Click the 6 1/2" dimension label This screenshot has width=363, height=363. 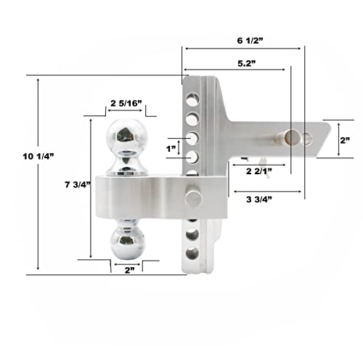(x=250, y=41)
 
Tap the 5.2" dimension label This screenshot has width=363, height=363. (x=247, y=63)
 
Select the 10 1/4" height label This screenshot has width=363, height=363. (x=38, y=156)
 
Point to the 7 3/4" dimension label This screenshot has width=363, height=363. (x=78, y=185)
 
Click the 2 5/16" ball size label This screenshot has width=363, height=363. (x=126, y=103)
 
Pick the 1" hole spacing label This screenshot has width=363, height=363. (x=171, y=149)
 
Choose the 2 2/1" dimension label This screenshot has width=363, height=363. (x=259, y=171)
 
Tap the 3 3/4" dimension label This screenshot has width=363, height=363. (x=259, y=200)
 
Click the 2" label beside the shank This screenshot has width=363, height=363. (x=345, y=140)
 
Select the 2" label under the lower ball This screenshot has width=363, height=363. (x=129, y=270)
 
